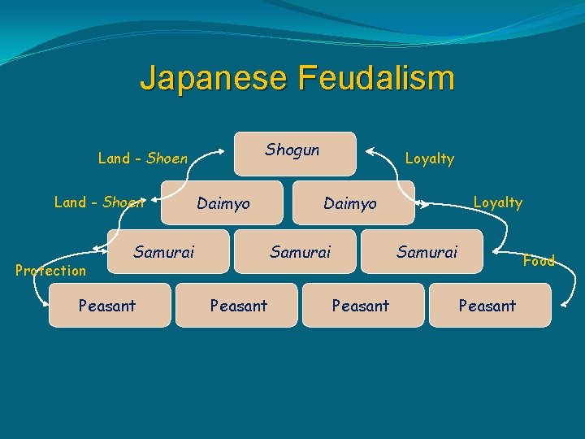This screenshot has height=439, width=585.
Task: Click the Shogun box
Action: [295, 154]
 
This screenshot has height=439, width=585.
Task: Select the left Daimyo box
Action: [223, 203]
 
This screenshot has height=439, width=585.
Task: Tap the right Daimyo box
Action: [350, 203]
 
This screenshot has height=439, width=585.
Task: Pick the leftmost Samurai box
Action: [163, 253]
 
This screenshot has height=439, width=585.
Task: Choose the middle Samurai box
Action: [300, 253]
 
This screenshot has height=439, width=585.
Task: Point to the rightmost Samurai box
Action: [427, 253]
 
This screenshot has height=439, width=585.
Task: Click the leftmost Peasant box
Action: [109, 306]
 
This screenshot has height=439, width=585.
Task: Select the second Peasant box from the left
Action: [237, 306]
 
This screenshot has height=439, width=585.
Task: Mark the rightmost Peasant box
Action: [488, 306]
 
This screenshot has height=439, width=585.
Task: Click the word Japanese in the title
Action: [214, 79]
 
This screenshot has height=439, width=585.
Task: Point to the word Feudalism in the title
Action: [376, 79]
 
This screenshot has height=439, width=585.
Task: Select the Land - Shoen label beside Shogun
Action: [142, 159]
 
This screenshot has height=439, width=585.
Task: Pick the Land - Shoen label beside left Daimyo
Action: [98, 202]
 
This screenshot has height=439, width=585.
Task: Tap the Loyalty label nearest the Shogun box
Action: [429, 159]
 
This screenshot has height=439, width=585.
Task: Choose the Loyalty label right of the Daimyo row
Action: [497, 202]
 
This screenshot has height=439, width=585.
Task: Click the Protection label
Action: [50, 271]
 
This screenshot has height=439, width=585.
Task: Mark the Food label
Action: [538, 261]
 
